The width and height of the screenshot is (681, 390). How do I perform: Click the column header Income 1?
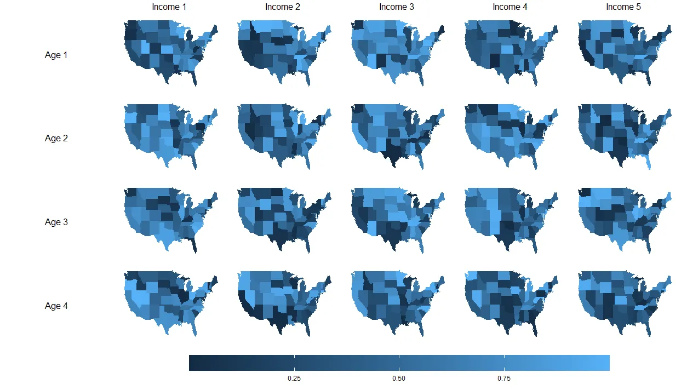click(169, 7)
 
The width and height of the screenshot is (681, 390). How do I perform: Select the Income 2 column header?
click(283, 7)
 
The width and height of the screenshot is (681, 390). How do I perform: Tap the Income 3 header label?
click(397, 7)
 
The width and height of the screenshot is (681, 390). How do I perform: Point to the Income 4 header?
click(510, 7)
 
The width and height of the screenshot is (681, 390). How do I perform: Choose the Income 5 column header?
click(623, 7)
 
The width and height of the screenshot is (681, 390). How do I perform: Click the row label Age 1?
click(56, 55)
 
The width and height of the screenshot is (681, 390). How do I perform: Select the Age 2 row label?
click(56, 139)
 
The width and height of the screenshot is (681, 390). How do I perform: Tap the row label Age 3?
click(56, 222)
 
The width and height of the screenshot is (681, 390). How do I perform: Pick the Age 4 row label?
click(56, 306)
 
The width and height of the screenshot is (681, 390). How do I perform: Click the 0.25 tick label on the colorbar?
click(294, 378)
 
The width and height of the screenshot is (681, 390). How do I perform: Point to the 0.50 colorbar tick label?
click(399, 378)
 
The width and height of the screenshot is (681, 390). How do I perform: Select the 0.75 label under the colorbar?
click(504, 378)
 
